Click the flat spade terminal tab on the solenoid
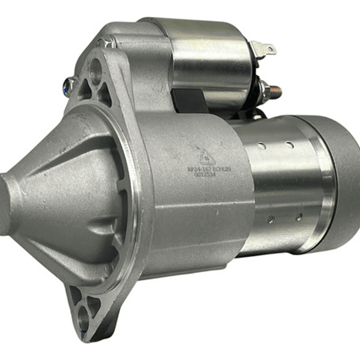pos(265,49)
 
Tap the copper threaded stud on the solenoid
pos(274,92)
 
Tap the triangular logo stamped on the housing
pos(205,157)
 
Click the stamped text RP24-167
pos(199,169)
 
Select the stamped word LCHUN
pos(223,169)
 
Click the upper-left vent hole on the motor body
pos(261,146)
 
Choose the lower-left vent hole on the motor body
pos(270,219)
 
